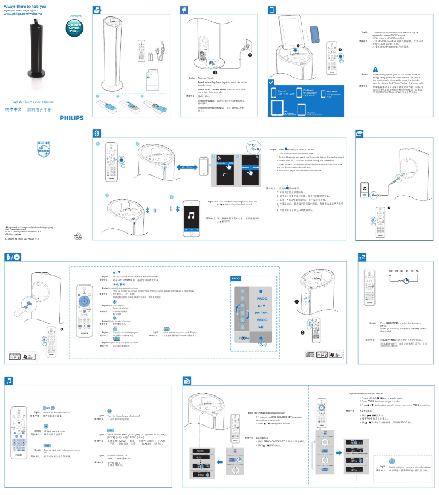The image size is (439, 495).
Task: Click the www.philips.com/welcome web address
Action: [27, 13]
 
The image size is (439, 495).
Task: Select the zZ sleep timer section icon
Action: [362, 257]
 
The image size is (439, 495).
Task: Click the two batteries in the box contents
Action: [149, 55]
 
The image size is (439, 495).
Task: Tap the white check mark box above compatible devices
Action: [272, 82]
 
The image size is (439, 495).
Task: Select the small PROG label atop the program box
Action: [236, 278]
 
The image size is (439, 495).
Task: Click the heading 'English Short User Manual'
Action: [32, 102]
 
